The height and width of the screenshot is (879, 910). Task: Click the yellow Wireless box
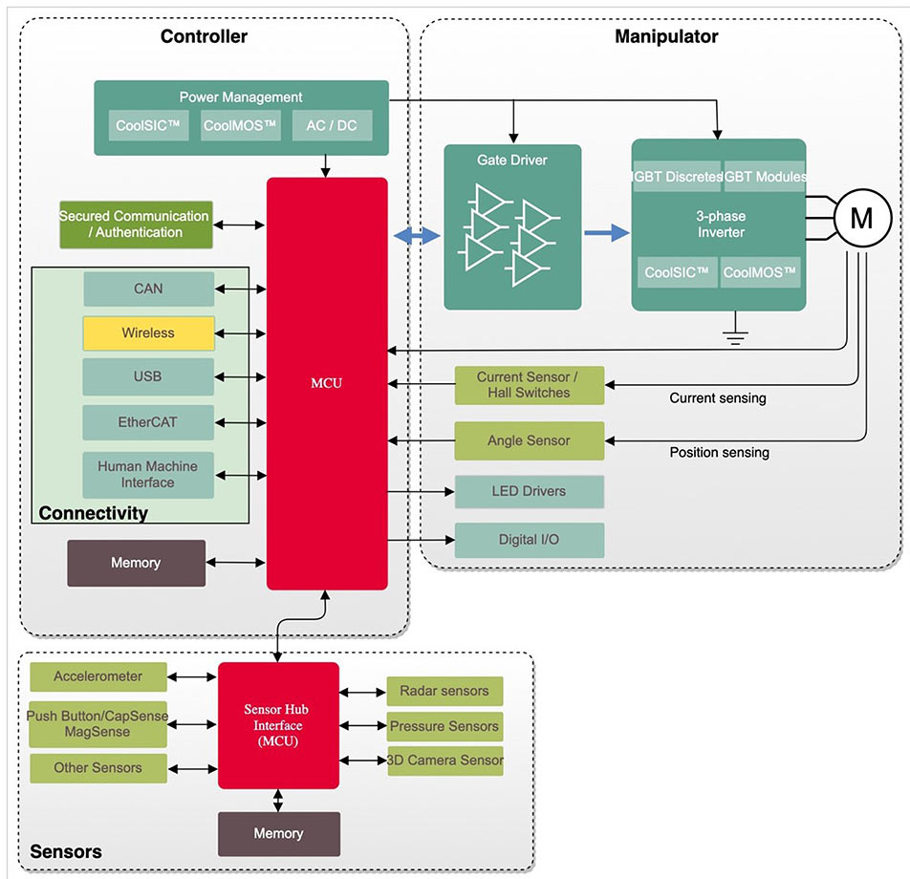point(148,333)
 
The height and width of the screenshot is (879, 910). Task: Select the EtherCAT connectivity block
point(148,421)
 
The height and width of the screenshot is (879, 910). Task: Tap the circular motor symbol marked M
point(861,219)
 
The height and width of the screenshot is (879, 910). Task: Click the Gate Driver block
point(512,227)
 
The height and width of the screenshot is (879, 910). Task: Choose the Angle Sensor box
point(529,441)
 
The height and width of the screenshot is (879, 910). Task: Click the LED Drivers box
point(529,492)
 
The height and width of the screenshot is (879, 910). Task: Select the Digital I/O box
point(529,540)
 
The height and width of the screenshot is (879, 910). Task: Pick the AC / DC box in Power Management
point(332,125)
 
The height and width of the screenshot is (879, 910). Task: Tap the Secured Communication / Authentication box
point(135,225)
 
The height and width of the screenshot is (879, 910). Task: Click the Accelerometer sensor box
point(97,677)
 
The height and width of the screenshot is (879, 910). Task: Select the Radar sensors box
point(444,692)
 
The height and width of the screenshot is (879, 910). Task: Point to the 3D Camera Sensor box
point(444,761)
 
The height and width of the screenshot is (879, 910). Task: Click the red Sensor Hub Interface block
point(278,725)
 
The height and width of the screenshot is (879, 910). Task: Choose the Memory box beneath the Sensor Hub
point(278,834)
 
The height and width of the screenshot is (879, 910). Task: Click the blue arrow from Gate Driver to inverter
point(605,233)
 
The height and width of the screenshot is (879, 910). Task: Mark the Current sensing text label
point(717,398)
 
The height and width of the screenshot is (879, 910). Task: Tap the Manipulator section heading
point(666,37)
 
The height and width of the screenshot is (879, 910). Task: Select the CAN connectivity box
point(148,289)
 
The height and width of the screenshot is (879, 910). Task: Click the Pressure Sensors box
point(444,727)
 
